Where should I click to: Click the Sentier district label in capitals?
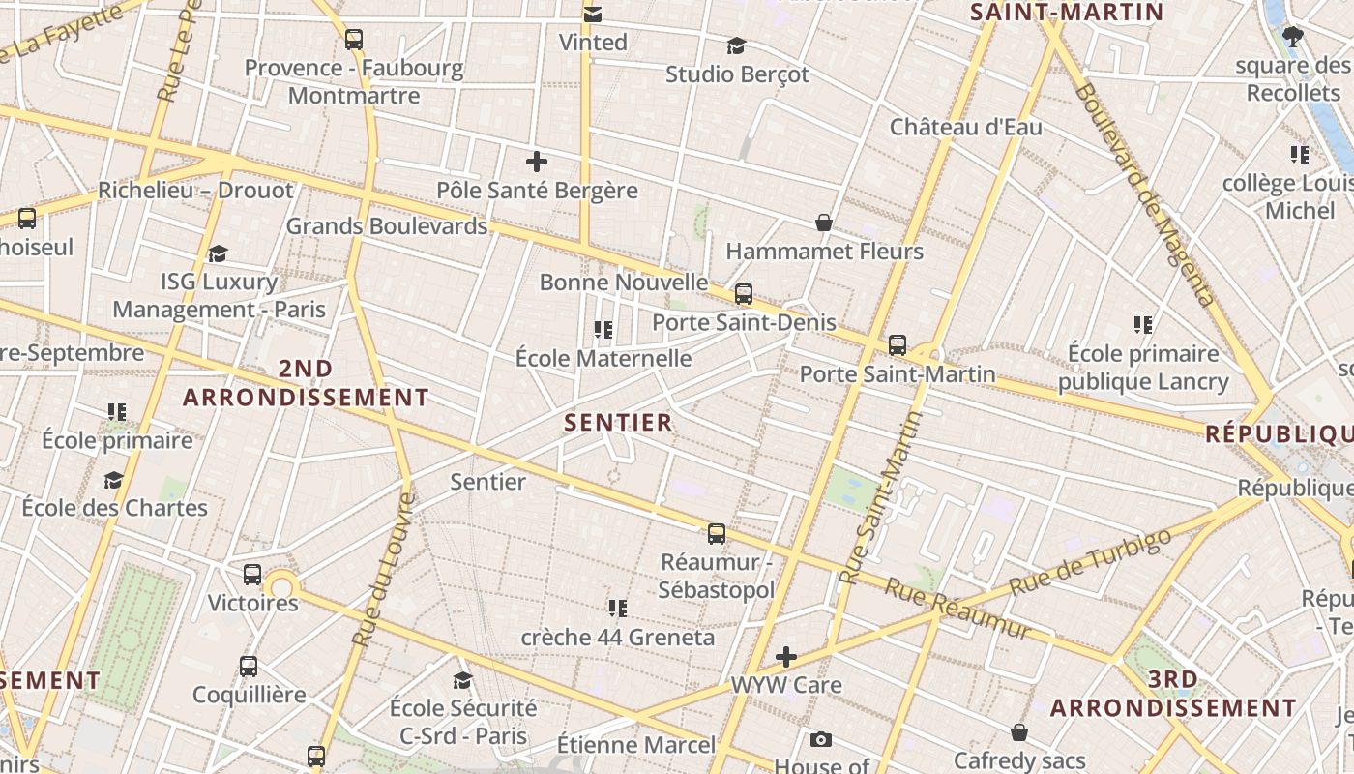tap(618, 423)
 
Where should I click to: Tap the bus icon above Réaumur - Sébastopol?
tap(717, 534)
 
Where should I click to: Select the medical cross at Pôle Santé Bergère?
tap(537, 162)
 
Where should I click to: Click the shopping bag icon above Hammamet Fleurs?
tap(824, 223)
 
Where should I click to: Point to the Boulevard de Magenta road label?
tap(1143, 193)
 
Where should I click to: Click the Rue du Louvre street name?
tap(384, 571)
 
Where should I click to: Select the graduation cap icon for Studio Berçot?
tap(737, 46)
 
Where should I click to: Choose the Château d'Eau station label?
tap(965, 127)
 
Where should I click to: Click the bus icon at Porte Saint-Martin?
tap(898, 345)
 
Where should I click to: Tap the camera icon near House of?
tap(821, 740)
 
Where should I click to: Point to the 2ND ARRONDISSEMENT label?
tap(306, 383)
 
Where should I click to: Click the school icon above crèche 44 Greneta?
tap(618, 609)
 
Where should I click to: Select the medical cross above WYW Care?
tap(786, 658)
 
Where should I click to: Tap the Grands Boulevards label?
tap(387, 226)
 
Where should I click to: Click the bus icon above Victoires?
tap(252, 575)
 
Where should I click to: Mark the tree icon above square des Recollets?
tap(1293, 37)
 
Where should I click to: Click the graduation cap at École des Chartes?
tap(114, 481)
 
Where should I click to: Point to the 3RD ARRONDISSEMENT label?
tap(1173, 694)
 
